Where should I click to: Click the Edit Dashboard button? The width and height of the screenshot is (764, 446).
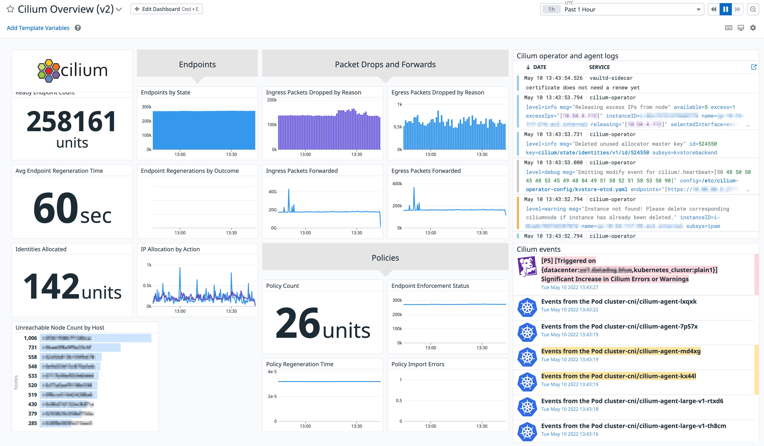point(166,9)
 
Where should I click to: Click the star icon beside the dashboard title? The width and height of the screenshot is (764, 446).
point(10,9)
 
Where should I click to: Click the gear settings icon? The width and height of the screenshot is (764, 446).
point(753,28)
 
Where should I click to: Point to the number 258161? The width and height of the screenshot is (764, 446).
point(72,121)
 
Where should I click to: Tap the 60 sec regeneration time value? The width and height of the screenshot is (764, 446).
point(72,208)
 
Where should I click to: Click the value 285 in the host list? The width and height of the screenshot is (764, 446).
point(32,423)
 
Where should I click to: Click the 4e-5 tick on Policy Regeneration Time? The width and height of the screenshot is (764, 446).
point(272,372)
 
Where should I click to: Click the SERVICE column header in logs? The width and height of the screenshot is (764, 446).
point(599,67)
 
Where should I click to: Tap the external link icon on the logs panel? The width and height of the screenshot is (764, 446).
point(754,67)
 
